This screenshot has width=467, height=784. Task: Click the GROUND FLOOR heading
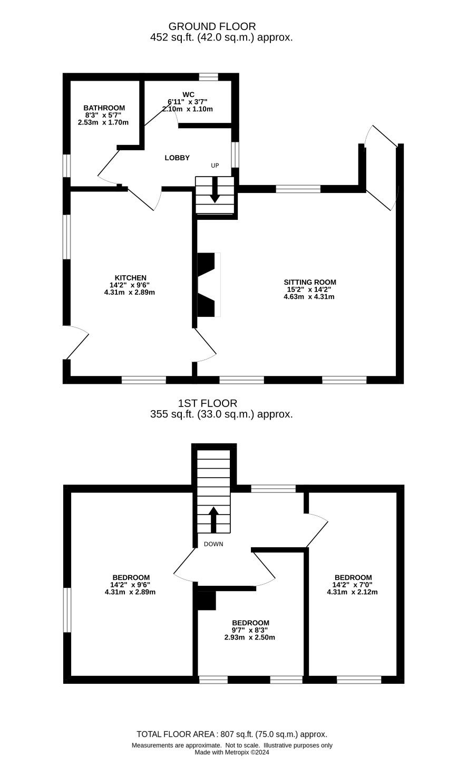click(x=212, y=26)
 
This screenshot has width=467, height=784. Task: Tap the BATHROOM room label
click(x=104, y=108)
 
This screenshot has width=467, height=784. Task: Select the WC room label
click(x=188, y=94)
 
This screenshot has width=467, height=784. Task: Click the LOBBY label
click(x=177, y=158)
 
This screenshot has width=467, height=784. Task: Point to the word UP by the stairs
click(x=215, y=165)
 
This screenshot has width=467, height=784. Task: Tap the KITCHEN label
click(x=131, y=278)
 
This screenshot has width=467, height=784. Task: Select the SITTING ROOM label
click(x=310, y=282)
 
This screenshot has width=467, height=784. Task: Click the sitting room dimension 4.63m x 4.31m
click(x=309, y=297)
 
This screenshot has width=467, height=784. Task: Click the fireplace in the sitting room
click(x=209, y=285)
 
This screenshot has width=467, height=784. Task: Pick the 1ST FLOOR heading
click(x=208, y=403)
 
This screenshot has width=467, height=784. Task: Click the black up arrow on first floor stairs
click(x=213, y=520)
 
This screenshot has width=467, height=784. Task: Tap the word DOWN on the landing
click(x=213, y=544)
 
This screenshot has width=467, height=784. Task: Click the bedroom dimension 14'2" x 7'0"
click(x=352, y=585)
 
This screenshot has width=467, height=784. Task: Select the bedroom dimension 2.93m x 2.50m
click(x=249, y=637)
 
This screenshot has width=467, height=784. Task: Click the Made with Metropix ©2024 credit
click(x=232, y=752)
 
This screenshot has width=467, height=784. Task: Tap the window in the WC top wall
click(x=209, y=76)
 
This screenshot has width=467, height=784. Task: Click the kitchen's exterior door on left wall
click(x=76, y=342)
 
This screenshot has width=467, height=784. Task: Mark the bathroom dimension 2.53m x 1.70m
click(x=103, y=122)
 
